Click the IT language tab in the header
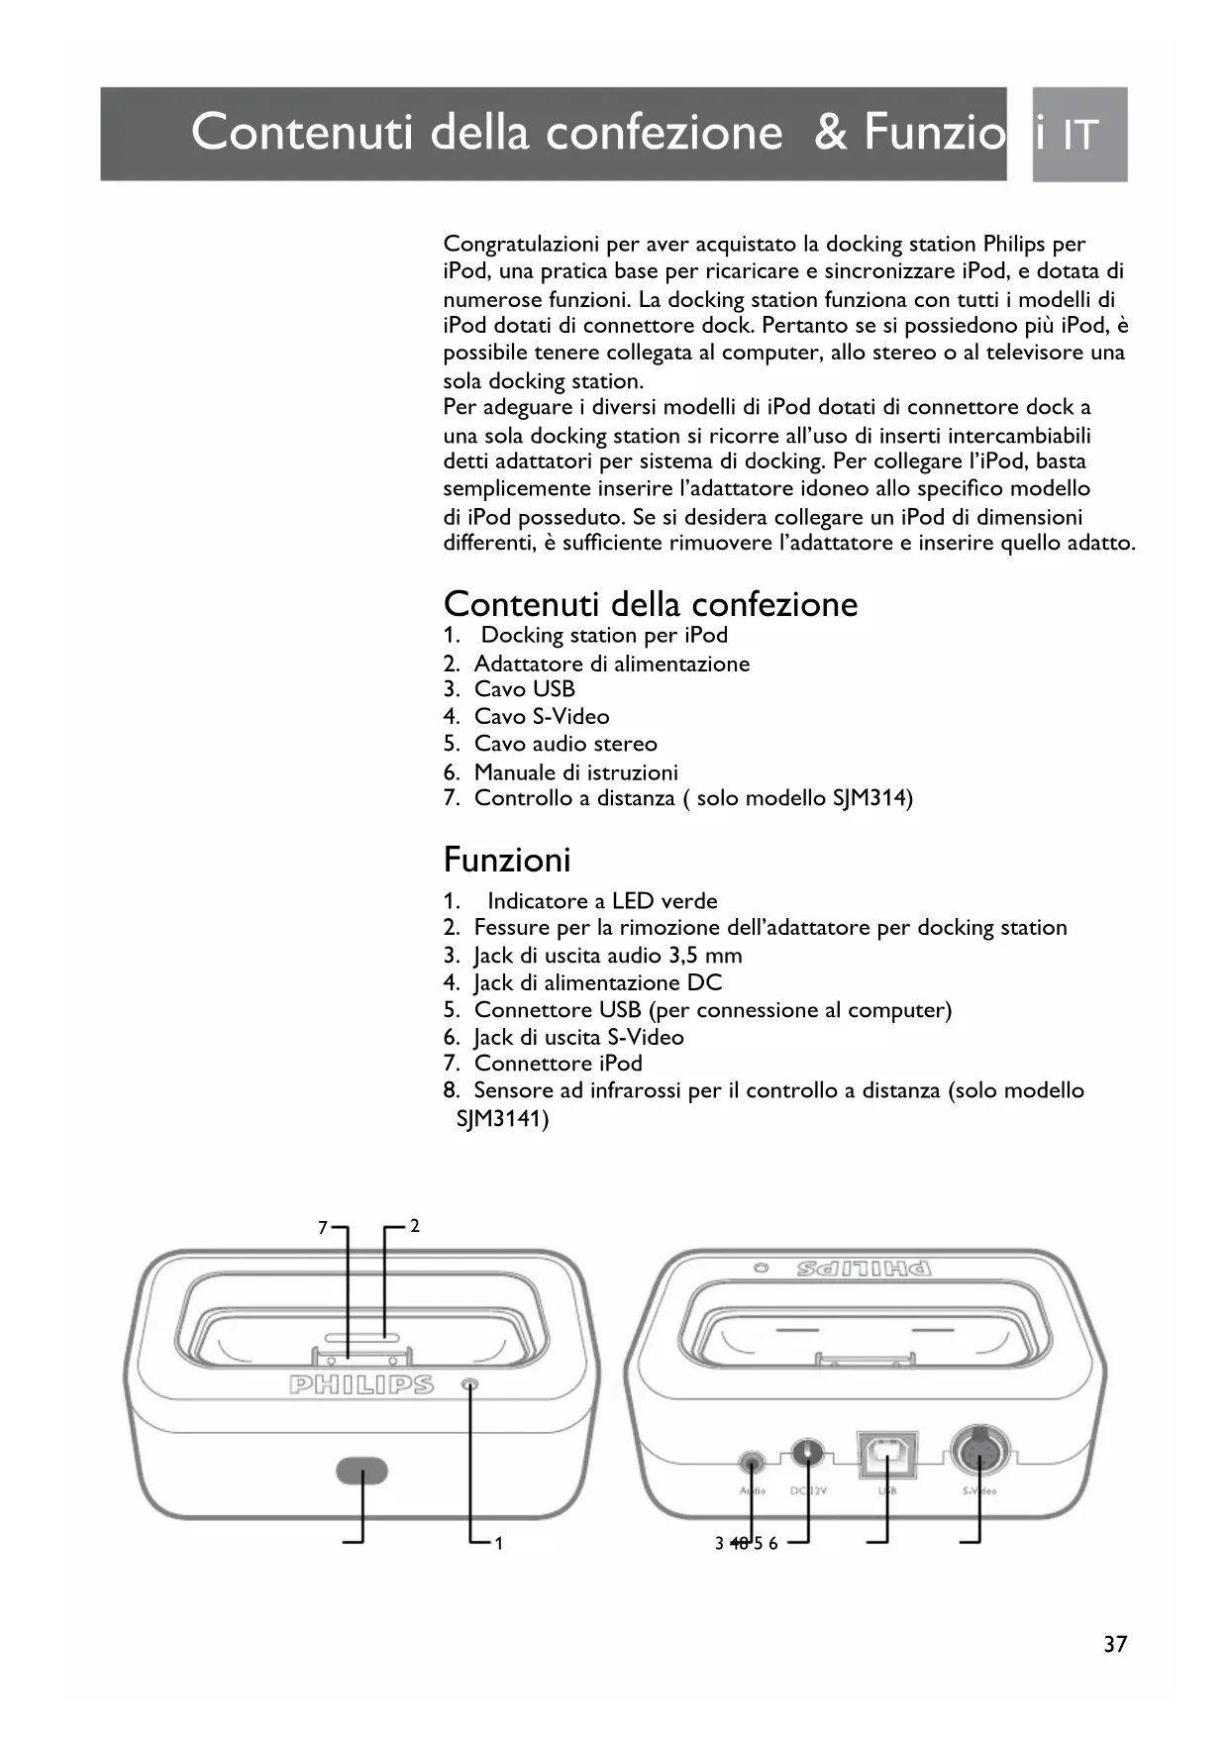click(1079, 135)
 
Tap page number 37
click(1115, 1644)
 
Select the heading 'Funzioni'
click(507, 860)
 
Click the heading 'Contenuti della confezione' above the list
click(651, 604)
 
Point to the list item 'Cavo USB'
click(524, 689)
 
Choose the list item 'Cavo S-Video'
click(541, 716)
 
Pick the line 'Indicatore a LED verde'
click(602, 901)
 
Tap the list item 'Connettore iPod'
click(558, 1064)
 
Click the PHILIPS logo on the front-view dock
click(360, 1384)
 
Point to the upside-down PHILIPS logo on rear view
click(864, 1269)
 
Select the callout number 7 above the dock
click(323, 1228)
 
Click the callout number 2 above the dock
click(415, 1226)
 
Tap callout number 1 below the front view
click(499, 1543)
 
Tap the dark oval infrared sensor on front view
click(362, 1471)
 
